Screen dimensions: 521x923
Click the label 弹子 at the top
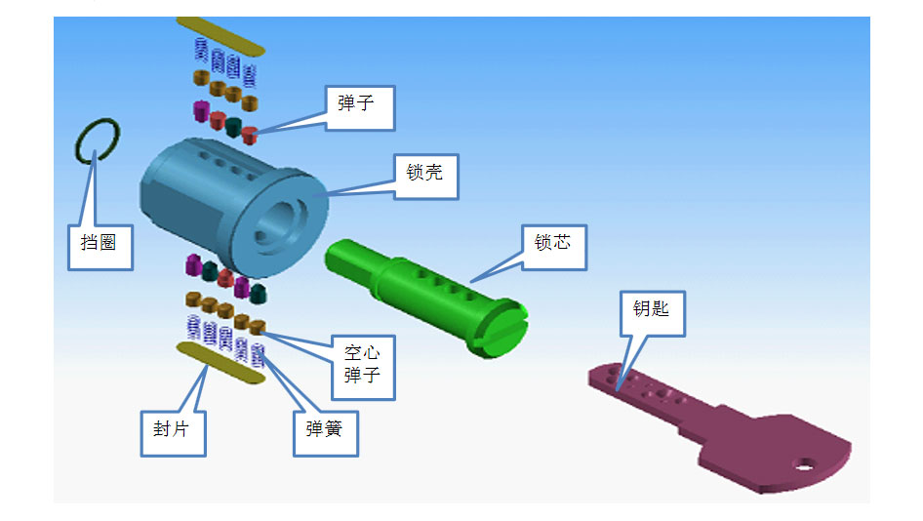point(358,105)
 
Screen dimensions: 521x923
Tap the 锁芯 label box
point(552,245)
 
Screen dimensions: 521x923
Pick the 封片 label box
point(172,429)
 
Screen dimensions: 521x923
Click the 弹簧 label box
point(326,429)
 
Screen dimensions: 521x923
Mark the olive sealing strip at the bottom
point(221,364)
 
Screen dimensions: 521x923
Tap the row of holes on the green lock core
point(446,282)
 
